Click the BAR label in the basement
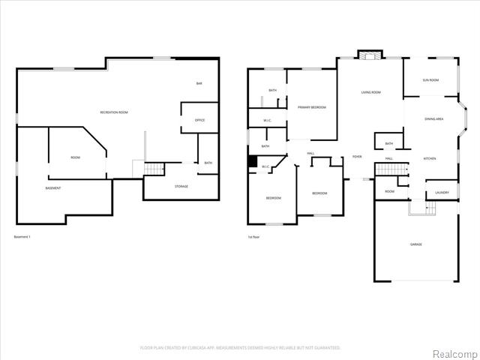tap(199, 83)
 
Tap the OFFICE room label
tap(199, 120)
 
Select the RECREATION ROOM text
tap(114, 112)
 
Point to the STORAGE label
tap(181, 186)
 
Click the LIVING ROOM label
tap(370, 92)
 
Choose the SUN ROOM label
tap(430, 79)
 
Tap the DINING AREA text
tap(434, 118)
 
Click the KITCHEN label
tap(430, 158)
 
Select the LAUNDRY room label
tap(442, 193)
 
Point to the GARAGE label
tap(415, 245)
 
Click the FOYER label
tap(357, 157)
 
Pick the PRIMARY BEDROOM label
tap(311, 107)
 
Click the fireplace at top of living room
tap(368, 55)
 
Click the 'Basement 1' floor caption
tap(22, 237)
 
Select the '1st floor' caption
tap(255, 237)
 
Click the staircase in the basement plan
tap(153, 169)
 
